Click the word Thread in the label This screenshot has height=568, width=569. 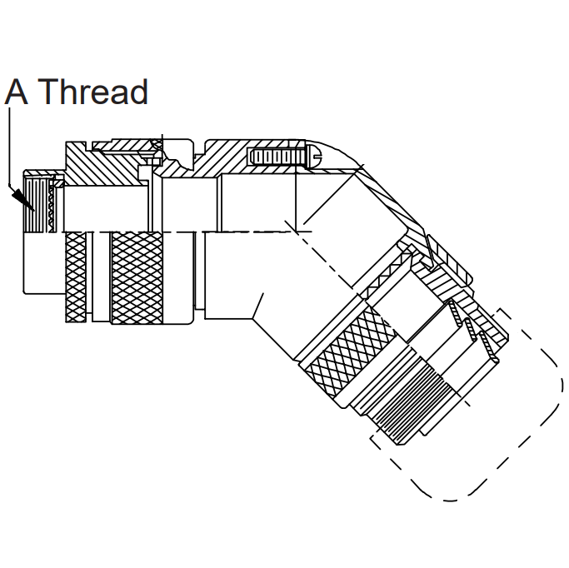click(x=92, y=92)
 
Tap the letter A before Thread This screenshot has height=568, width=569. click(x=17, y=92)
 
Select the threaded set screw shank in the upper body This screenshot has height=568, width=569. click(x=276, y=157)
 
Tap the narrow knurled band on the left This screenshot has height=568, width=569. click(x=76, y=277)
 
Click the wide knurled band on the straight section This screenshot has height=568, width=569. click(x=137, y=278)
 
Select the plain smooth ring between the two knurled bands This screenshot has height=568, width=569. click(x=101, y=277)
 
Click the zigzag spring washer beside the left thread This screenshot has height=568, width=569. click(x=51, y=205)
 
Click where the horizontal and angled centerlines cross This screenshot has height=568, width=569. click(x=297, y=232)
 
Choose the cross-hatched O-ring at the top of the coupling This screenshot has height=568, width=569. click(x=157, y=145)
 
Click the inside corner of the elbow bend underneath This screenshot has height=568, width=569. click(x=252, y=319)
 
